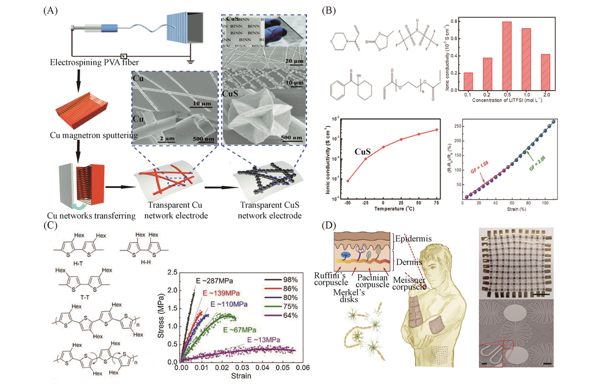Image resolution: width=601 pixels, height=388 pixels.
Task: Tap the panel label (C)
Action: tap(51, 225)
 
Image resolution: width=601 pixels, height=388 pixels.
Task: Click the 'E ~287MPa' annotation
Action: tap(214, 281)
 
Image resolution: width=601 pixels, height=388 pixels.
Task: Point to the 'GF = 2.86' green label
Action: tap(537, 164)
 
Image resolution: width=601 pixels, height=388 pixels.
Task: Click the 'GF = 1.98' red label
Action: tap(479, 167)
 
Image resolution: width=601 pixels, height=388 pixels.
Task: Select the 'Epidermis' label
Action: tap(413, 239)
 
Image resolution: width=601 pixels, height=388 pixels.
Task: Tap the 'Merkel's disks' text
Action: tap(349, 296)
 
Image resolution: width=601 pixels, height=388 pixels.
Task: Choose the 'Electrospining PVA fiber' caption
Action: tap(94, 62)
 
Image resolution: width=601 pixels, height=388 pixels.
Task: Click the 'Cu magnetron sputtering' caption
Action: tap(94, 135)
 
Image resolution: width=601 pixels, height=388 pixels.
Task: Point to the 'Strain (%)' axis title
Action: tap(516, 209)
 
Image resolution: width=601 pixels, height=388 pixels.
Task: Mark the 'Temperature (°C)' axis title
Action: tap(394, 209)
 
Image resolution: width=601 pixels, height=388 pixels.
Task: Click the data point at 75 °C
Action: tap(437, 130)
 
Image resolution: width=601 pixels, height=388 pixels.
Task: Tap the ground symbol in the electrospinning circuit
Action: tap(190, 61)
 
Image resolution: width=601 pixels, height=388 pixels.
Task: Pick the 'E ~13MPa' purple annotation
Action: tap(264, 340)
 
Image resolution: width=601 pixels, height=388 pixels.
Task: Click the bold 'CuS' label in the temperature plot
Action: tap(362, 152)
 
